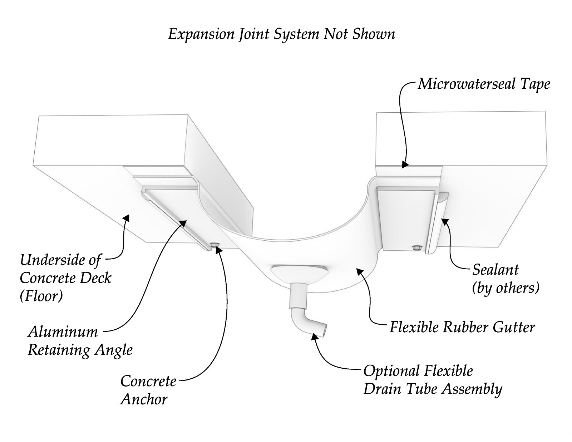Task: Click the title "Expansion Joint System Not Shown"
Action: (x=282, y=35)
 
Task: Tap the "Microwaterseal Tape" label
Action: (x=484, y=85)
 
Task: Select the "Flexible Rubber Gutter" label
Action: (x=462, y=328)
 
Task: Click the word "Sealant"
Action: (x=495, y=270)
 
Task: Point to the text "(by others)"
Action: (x=506, y=288)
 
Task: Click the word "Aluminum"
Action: (x=63, y=331)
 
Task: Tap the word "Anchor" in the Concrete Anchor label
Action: (x=144, y=399)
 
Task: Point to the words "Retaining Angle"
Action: (x=80, y=350)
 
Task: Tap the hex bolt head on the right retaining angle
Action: (x=416, y=247)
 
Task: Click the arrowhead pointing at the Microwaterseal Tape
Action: (x=405, y=164)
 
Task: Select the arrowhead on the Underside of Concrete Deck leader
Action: (x=127, y=217)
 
